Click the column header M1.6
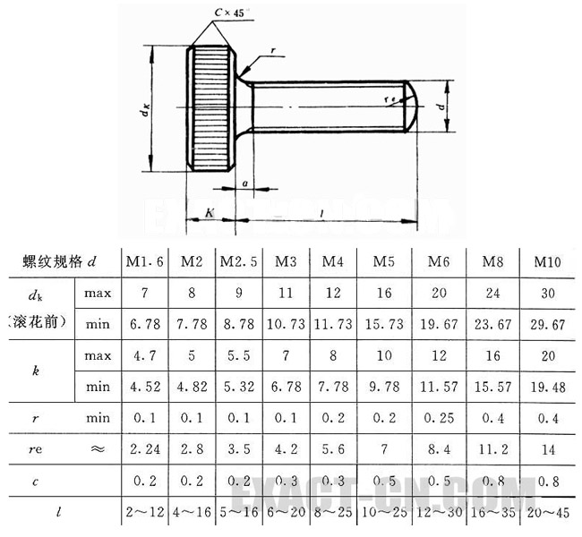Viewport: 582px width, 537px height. pos(143,261)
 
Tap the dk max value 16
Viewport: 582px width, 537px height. pos(384,293)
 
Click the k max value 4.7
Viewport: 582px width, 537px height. pos(143,355)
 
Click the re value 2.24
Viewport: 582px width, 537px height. pos(143,449)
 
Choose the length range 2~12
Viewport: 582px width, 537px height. pos(143,513)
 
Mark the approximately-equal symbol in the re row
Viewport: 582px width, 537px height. pos(98,449)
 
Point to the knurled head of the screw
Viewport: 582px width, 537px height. pos(205,107)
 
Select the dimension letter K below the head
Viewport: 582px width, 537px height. pos(209,212)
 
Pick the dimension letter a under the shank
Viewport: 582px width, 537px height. pos(244,186)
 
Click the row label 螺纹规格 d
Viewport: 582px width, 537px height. pos(59,261)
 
